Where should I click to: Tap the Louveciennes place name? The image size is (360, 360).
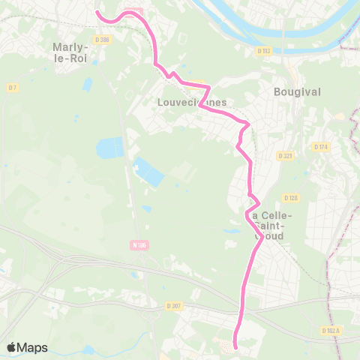point(192,102)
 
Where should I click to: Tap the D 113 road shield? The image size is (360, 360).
point(262,51)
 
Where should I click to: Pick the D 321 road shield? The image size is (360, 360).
point(284,156)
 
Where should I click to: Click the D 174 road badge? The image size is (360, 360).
point(321,146)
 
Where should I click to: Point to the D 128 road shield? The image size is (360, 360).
point(292,198)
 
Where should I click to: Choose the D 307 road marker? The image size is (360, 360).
point(174,305)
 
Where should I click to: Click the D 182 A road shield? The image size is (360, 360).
point(332,330)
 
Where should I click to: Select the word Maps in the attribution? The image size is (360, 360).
point(33,347)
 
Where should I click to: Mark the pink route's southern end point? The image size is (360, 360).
point(235,346)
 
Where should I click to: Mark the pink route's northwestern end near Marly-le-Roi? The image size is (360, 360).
point(97,12)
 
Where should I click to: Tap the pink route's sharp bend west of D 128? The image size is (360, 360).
point(259,202)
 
